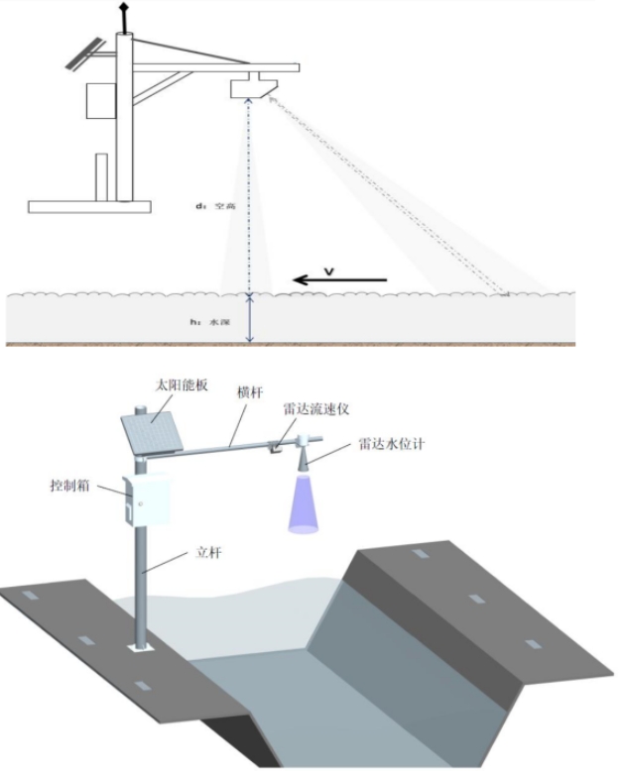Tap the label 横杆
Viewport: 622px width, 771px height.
[247, 393]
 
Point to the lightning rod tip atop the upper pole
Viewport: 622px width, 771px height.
[123, 9]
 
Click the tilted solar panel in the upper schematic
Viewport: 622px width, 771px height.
[83, 55]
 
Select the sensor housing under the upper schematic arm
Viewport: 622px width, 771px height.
[250, 87]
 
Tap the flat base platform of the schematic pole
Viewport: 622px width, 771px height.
[89, 207]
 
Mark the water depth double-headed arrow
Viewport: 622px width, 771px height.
[250, 319]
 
